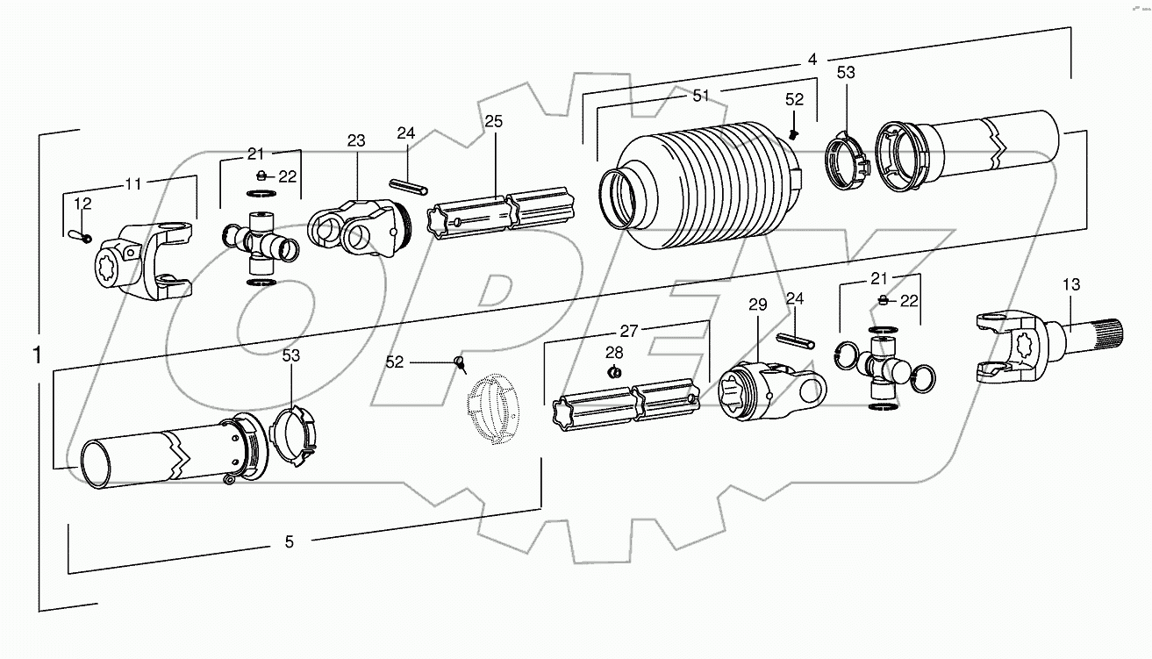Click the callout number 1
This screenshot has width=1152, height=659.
point(37,355)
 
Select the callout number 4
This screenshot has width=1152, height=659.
point(812,59)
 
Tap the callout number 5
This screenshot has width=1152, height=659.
point(289,541)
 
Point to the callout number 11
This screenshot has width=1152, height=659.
point(132,183)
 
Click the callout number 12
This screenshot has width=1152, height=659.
point(82,204)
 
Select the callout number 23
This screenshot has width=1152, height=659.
point(355,140)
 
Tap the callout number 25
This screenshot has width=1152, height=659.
point(494,121)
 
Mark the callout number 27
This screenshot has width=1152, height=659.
point(628,331)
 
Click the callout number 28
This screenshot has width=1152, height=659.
point(614,352)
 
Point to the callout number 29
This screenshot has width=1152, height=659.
point(757,304)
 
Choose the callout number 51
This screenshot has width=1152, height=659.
point(700,96)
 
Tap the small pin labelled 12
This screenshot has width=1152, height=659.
point(77,234)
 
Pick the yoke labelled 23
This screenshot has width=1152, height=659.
point(355,228)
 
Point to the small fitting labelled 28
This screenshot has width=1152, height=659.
point(615,372)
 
